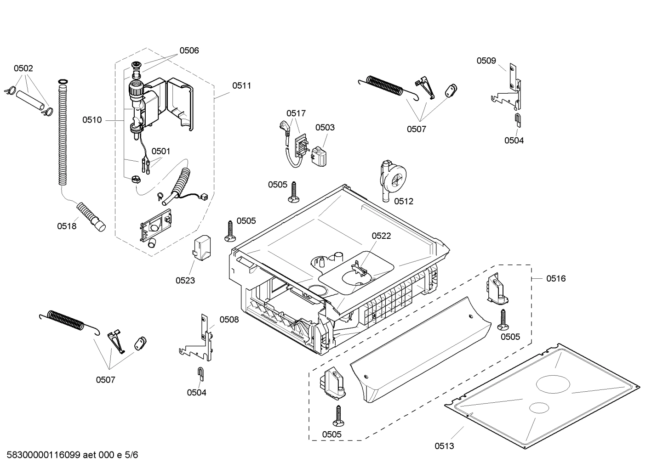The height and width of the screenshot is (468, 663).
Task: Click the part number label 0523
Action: click(x=185, y=280)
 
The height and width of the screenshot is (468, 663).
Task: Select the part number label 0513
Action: click(x=444, y=445)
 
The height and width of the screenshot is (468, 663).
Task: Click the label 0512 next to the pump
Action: click(x=404, y=201)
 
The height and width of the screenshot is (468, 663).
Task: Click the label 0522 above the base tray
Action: click(x=381, y=236)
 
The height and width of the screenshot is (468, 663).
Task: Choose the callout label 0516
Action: click(x=556, y=278)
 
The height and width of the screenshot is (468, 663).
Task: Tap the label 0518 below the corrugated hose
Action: click(x=67, y=226)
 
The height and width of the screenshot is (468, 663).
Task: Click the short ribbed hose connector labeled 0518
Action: click(x=91, y=216)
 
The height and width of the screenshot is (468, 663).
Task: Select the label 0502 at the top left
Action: click(x=23, y=68)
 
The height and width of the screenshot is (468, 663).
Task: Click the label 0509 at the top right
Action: click(x=486, y=61)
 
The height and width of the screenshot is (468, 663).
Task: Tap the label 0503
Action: click(x=325, y=127)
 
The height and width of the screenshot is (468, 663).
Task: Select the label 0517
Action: click(x=296, y=113)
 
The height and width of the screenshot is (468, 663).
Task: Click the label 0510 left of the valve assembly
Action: click(x=92, y=120)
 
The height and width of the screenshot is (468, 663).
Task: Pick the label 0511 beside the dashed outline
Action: click(x=241, y=85)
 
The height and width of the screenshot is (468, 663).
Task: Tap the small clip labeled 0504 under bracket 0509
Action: click(x=517, y=120)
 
